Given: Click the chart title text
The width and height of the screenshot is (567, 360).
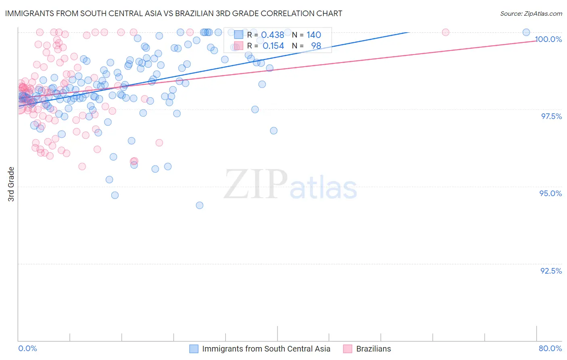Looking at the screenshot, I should [173, 13].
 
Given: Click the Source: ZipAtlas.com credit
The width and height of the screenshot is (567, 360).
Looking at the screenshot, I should [531, 13].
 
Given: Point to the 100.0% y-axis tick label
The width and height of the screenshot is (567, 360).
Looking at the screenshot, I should [548, 39].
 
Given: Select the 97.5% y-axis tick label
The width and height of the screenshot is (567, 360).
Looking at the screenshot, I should [551, 116].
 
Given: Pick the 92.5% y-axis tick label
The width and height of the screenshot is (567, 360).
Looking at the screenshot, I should [551, 271].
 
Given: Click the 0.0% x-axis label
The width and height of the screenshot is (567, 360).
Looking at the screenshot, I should [27, 348].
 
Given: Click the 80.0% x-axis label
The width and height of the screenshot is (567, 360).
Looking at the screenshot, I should [550, 348].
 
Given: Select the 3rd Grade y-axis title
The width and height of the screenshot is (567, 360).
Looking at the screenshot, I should [11, 184].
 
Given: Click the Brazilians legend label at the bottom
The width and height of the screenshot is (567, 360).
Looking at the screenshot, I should [373, 349].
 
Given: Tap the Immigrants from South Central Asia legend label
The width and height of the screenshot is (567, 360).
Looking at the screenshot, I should [266, 349].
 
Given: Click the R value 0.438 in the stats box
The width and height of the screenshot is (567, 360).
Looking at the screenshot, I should [273, 35].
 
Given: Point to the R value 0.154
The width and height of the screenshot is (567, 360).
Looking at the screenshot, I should [273, 46].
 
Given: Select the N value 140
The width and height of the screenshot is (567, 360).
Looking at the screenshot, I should [314, 35].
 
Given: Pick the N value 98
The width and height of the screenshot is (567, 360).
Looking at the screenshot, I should [316, 46].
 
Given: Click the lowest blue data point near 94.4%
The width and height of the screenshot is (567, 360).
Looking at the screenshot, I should [200, 205].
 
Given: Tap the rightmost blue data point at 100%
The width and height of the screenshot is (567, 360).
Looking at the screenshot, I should [526, 32].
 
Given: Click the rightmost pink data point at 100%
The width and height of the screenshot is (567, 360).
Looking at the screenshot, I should [446, 32].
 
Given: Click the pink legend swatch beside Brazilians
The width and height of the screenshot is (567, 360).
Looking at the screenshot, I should [348, 349].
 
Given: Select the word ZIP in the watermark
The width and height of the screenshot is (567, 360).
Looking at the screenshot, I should [255, 184].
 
